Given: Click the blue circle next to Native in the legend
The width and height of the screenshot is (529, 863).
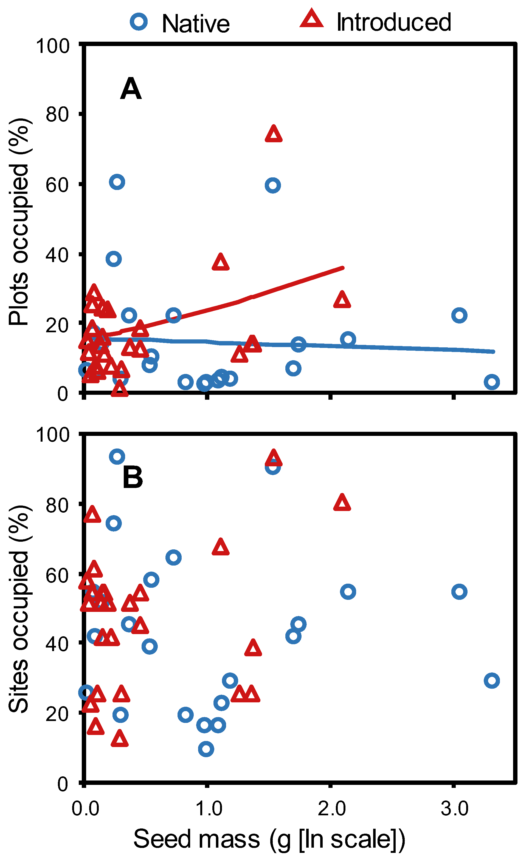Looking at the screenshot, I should coord(139,22).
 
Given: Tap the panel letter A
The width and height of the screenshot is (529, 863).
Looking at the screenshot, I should coord(131,89).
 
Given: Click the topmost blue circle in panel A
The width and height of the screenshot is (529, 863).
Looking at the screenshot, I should coord(117,182).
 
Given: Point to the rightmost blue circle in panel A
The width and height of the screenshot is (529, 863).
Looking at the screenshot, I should coord(492,382).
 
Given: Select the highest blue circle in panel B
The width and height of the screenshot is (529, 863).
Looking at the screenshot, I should coord(117,457).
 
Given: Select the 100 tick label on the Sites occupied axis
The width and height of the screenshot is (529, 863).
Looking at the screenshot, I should coord(53,435).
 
